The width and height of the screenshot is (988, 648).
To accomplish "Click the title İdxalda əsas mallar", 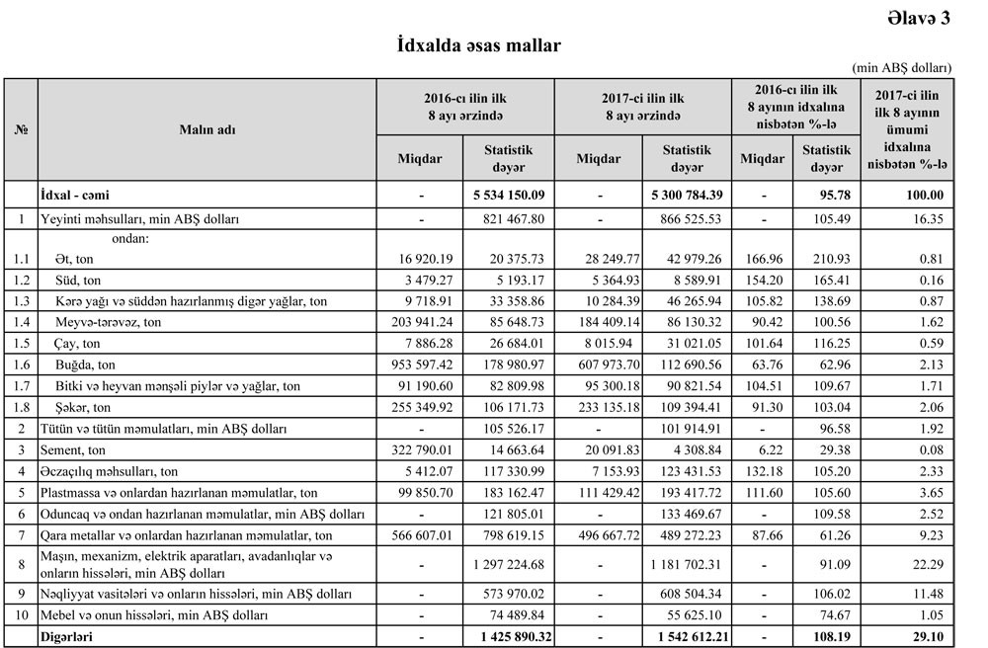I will point(479,45).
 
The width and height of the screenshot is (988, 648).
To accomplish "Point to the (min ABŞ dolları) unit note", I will point(904,68).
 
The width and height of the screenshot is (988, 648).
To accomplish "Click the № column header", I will point(21,129).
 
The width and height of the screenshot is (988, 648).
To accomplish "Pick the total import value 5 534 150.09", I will point(509,195).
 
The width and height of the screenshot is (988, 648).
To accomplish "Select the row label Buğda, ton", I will point(85,364).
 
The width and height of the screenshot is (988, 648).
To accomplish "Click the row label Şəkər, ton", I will point(79,407).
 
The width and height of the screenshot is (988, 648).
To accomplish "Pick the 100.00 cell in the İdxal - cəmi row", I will point(924,195).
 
